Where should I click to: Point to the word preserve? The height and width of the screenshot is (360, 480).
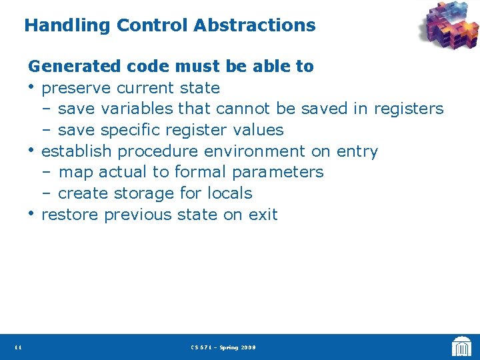[75, 88]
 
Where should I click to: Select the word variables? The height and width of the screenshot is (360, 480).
[139, 109]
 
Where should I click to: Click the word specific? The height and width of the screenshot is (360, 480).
[131, 130]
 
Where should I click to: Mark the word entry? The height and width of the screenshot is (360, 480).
[357, 151]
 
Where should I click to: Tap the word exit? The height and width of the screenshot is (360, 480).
[264, 215]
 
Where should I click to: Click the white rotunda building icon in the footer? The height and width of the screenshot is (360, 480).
[461, 347]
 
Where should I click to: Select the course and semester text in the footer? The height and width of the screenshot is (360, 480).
[223, 347]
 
